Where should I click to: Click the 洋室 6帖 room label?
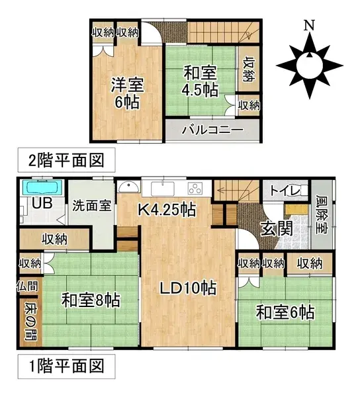[x=127, y=93]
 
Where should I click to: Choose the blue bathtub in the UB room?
[x=41, y=187]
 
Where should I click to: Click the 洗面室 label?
[x=91, y=205]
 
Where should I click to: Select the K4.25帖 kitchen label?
[x=166, y=210]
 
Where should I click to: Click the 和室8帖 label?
[x=91, y=300]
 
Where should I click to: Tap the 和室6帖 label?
[x=285, y=311]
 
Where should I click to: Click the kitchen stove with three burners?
[x=197, y=187]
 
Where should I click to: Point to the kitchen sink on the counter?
[x=163, y=187]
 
